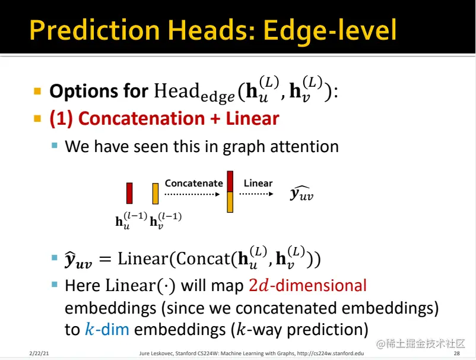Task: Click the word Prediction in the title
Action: click(x=95, y=30)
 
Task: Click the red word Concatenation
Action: click(x=141, y=118)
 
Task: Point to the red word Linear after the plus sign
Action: click(x=252, y=118)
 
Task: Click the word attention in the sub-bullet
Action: click(x=304, y=146)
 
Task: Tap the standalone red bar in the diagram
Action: click(x=129, y=193)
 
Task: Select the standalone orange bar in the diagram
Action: click(x=156, y=193)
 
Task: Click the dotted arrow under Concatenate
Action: click(x=192, y=194)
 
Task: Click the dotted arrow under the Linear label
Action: click(x=256, y=194)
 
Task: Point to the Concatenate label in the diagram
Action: click(x=193, y=183)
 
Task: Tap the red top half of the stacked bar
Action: click(x=230, y=181)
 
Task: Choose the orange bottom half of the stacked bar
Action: click(x=230, y=202)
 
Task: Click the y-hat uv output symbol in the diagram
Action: click(x=302, y=194)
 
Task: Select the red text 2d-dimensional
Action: click(x=308, y=286)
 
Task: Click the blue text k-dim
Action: click(x=107, y=329)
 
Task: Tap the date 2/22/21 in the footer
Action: click(x=39, y=353)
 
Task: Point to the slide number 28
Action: click(x=456, y=353)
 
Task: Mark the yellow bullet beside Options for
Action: click(x=37, y=91)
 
